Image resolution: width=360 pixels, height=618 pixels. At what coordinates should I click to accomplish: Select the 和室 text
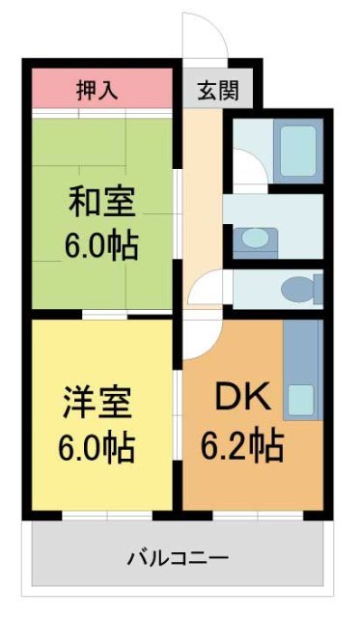point(101,204)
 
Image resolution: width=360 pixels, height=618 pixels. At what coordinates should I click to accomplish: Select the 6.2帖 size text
point(241,445)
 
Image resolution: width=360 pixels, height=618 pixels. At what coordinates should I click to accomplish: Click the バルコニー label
point(178,557)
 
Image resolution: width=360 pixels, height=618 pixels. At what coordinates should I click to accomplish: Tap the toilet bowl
point(298,288)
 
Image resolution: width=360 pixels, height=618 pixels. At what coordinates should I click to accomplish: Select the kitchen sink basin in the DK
point(303,398)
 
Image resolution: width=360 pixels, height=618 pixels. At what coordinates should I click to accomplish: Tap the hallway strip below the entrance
point(203,193)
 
